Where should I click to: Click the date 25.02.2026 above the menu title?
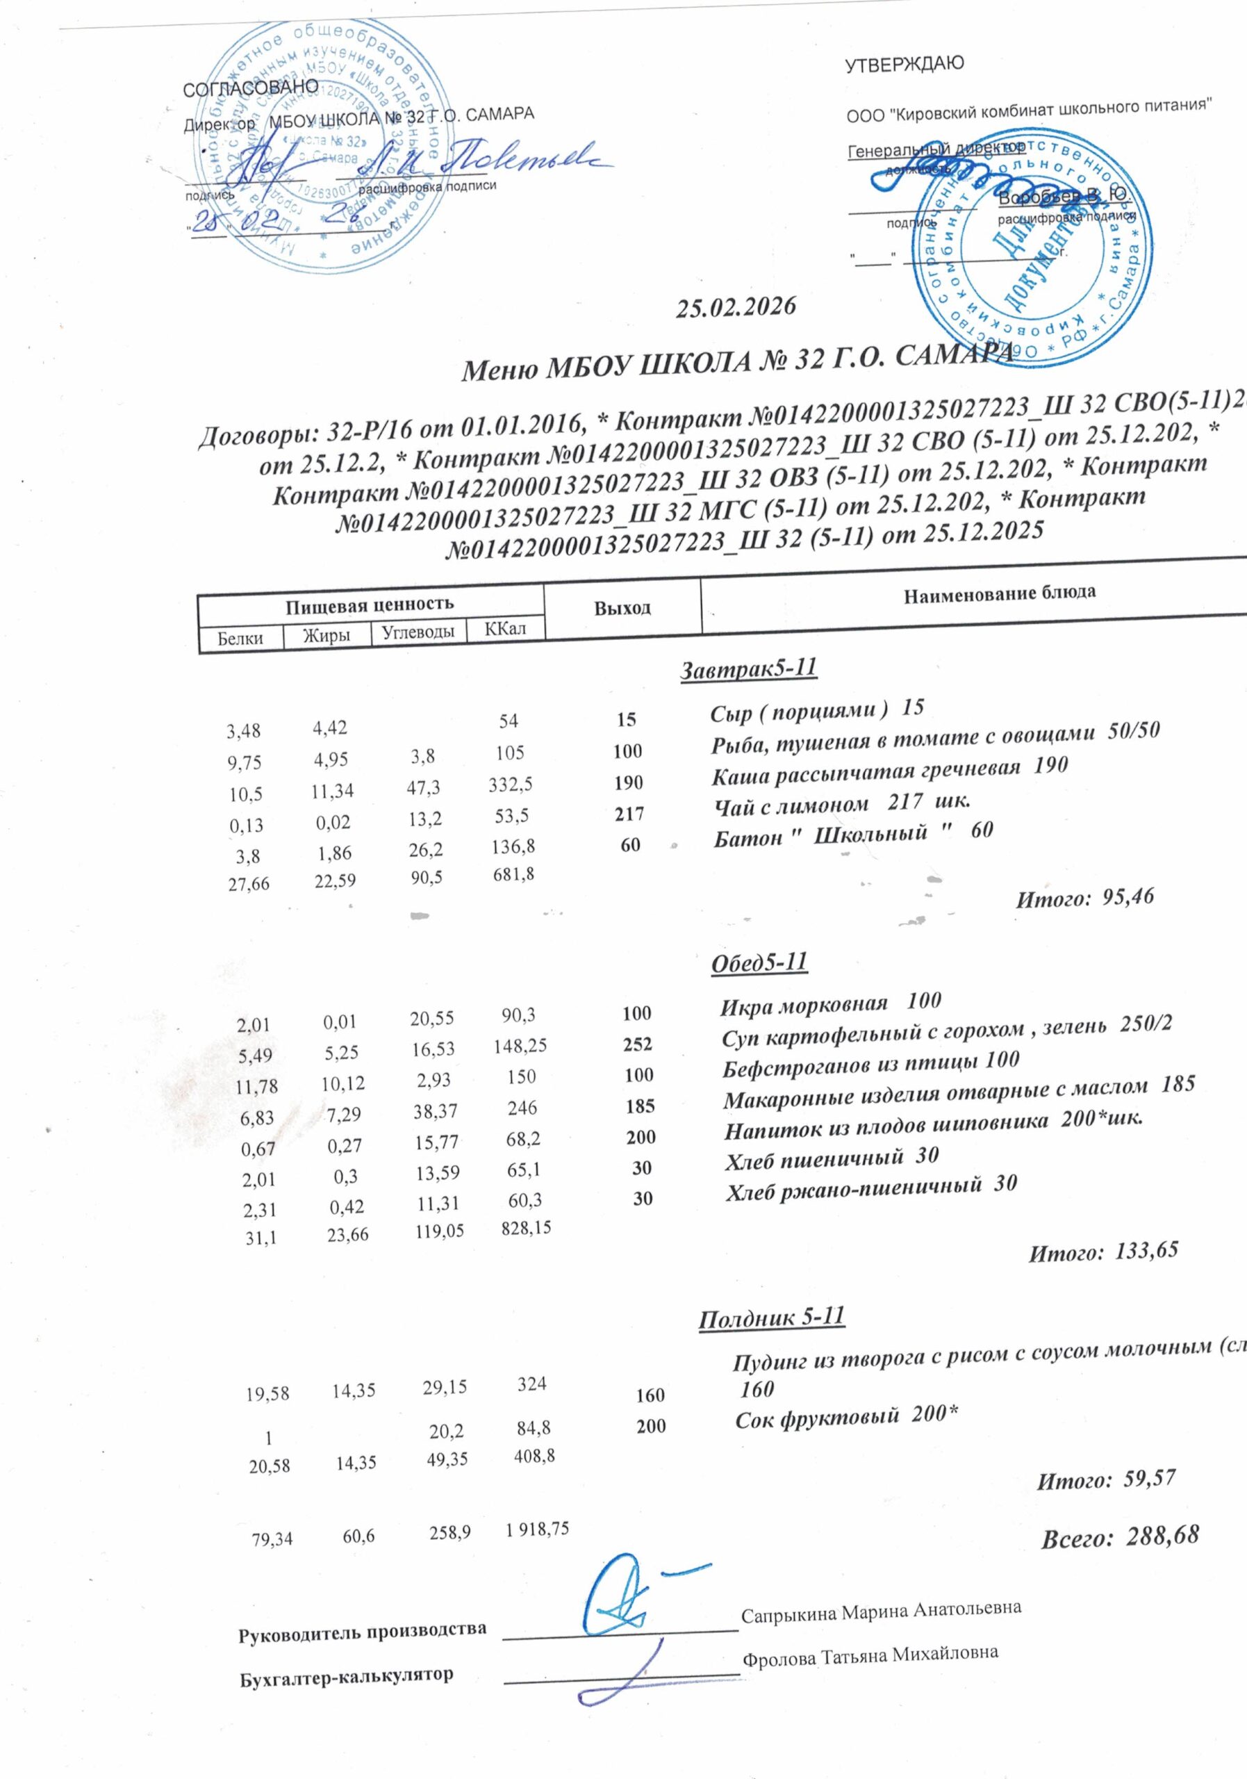[736, 308]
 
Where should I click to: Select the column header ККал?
[505, 628]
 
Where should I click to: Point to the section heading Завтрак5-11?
[748, 668]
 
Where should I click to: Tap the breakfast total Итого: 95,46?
[1084, 898]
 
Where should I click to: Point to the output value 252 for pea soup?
[638, 1044]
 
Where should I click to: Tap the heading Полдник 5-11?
[770, 1318]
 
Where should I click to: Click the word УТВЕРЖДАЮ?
[904, 65]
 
